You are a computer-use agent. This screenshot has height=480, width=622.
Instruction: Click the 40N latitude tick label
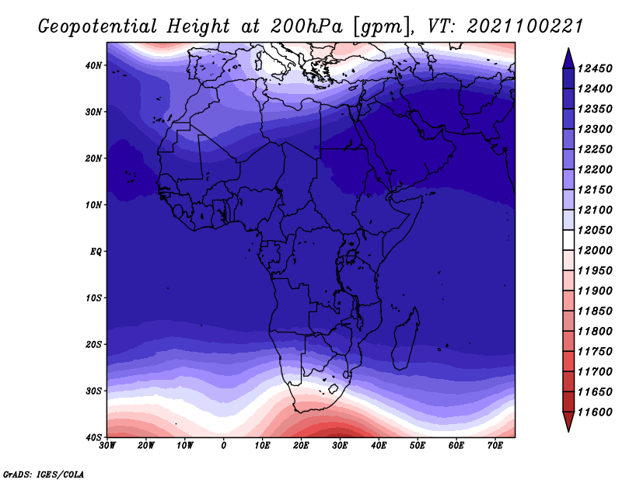93,65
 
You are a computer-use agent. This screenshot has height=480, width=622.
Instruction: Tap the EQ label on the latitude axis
96,252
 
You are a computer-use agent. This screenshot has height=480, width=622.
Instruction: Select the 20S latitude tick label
93,344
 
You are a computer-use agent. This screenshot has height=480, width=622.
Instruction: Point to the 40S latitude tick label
93,437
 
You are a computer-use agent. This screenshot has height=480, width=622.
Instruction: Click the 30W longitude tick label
107,446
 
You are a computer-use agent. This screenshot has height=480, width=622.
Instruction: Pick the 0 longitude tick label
224,446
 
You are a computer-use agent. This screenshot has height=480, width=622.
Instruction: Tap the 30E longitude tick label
340,446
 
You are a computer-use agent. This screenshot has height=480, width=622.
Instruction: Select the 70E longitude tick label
495,446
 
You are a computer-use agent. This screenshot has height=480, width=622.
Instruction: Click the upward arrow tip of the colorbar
568,48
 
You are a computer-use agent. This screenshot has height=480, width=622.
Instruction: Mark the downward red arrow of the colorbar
568,421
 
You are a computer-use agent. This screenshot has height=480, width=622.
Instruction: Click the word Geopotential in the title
98,27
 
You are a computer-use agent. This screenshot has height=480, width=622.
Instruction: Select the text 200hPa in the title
306,26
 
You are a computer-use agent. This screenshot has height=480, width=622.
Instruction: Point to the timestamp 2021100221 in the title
525,26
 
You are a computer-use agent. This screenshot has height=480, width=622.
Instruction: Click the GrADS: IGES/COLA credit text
43,474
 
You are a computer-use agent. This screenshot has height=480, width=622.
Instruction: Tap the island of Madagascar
406,339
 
